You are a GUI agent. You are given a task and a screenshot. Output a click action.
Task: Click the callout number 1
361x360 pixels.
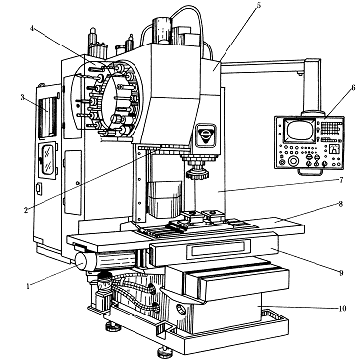(x=28, y=286)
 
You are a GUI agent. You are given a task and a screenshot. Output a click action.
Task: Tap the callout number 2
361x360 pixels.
(x=26, y=210)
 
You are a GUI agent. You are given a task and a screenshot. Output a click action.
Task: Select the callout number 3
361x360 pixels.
(x=22, y=97)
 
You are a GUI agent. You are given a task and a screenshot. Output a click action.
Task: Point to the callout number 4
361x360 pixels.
(x=32, y=28)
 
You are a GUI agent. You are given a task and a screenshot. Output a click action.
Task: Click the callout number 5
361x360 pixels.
(x=259, y=4)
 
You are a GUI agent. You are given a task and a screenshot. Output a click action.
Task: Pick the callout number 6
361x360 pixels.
(x=353, y=88)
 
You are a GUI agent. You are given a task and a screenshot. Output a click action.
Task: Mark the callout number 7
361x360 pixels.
(x=341, y=180)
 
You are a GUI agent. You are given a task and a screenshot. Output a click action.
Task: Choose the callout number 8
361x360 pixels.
(x=341, y=204)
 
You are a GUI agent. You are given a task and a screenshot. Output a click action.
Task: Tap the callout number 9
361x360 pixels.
(x=341, y=272)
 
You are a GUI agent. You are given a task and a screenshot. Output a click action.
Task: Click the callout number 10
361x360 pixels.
(x=342, y=309)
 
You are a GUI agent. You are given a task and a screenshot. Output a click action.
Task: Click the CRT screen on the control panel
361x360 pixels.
(x=300, y=130)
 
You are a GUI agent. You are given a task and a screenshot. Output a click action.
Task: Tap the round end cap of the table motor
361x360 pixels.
(x=81, y=262)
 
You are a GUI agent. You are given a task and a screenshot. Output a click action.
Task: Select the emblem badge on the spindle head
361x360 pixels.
(x=205, y=135)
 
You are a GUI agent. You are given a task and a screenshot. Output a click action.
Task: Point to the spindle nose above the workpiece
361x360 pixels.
(x=198, y=173)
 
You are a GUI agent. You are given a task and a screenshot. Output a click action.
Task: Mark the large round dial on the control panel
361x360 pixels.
(x=293, y=161)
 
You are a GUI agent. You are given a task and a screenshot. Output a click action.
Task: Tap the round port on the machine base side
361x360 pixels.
(x=181, y=310)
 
